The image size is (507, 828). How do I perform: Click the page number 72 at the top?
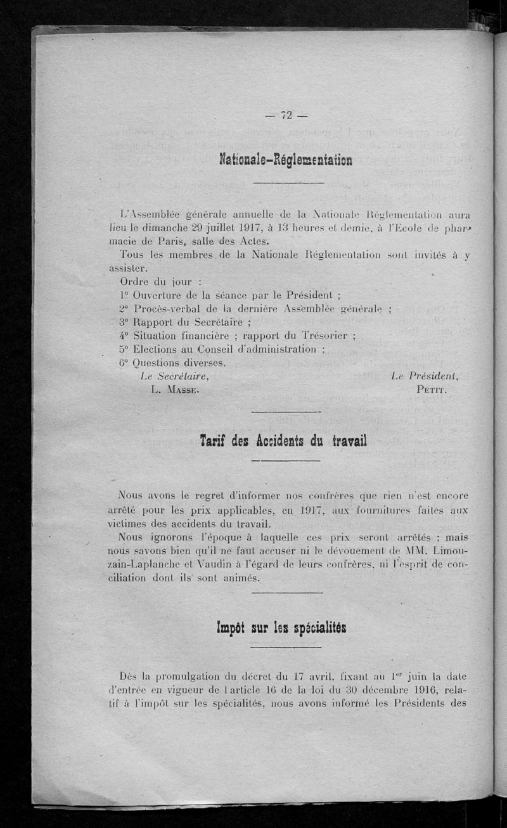pos(285,115)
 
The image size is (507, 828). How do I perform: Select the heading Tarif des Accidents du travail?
pos(283,440)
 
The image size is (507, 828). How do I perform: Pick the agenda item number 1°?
pos(124,294)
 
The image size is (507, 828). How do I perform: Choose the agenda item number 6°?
pos(124,363)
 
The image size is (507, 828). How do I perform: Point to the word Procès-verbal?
pos(166,308)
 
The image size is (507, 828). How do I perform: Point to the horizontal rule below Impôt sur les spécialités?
pos(286,647)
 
